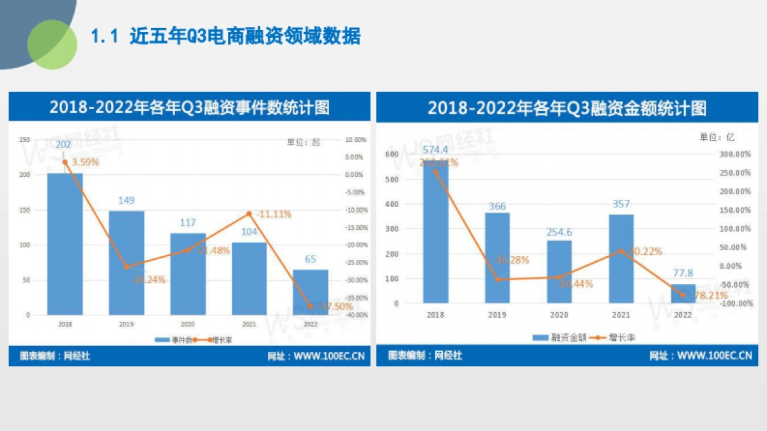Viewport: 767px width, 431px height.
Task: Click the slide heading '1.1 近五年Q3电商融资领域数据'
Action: pos(226,36)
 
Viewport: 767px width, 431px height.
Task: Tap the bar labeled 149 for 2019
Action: pos(126,262)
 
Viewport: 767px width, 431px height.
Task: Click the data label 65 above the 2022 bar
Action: pos(311,259)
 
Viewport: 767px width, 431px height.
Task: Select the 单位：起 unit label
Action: pos(303,142)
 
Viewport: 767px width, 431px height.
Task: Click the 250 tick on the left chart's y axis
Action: pos(25,140)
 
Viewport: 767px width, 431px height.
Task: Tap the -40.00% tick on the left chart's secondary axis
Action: pos(355,315)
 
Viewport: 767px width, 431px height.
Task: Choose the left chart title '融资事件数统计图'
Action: pos(189,107)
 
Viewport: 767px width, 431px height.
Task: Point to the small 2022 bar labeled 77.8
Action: pos(683,294)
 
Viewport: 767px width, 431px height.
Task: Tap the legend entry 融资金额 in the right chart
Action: pos(561,338)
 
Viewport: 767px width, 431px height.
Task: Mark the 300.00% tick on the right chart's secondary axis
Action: pos(734,154)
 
